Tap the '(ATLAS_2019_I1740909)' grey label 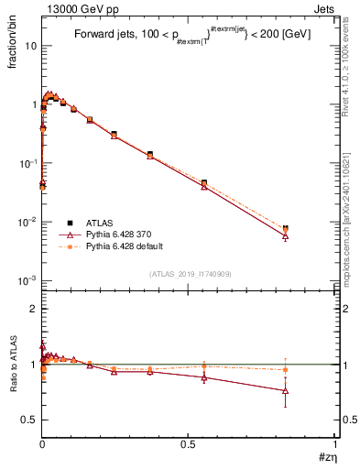click(x=188, y=273)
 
